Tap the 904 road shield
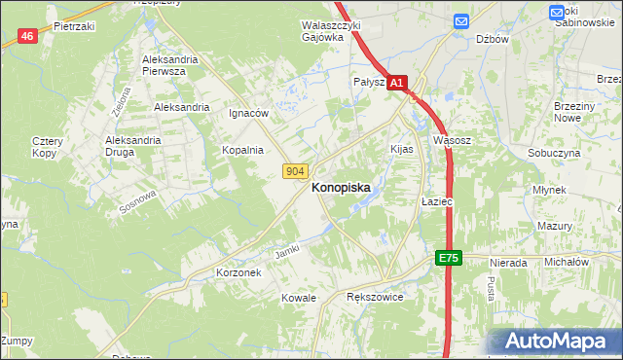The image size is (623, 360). click(297, 171)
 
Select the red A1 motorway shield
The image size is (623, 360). click(397, 85)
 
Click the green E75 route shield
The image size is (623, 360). click(447, 258)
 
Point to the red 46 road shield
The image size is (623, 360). click(28, 36)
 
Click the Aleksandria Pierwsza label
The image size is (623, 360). click(169, 65)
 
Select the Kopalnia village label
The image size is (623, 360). click(242, 150)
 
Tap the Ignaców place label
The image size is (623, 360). click(248, 113)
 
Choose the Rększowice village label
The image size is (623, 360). click(375, 297)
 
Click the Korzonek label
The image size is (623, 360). click(238, 273)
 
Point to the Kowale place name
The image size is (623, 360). click(299, 297)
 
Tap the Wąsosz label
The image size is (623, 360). click(453, 140)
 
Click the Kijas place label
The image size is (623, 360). click(402, 150)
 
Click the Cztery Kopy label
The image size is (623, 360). click(46, 147)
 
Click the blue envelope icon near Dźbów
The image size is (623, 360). click(461, 19)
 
